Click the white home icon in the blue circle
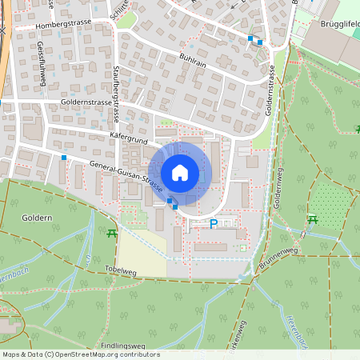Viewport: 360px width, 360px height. (180, 172)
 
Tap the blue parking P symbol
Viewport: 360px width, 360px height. (214, 224)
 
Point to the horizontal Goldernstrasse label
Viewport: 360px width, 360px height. (85, 104)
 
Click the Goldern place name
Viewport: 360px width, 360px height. (38, 218)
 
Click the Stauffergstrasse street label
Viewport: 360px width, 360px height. (117, 88)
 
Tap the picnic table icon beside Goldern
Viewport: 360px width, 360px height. (110, 233)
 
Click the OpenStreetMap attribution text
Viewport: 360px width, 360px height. (80, 354)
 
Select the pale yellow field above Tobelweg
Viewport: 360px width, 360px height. (147, 254)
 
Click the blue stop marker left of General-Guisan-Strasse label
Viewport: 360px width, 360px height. (62, 158)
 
